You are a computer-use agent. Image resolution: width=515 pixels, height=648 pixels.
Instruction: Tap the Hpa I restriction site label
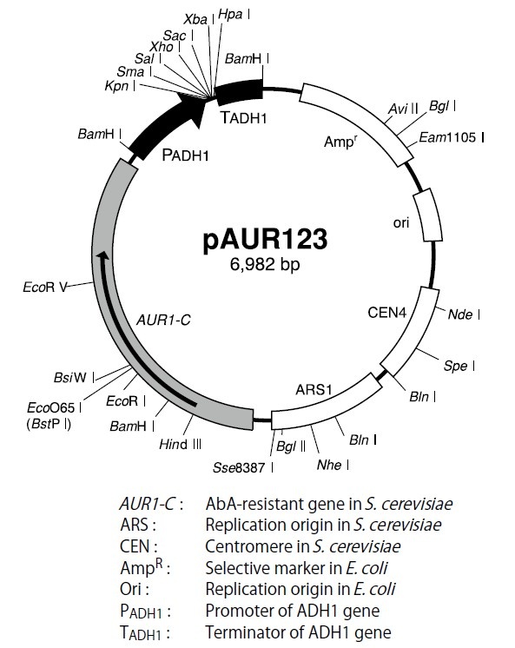click(x=231, y=15)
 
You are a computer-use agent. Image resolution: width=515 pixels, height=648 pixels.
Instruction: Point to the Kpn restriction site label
click(x=116, y=89)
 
